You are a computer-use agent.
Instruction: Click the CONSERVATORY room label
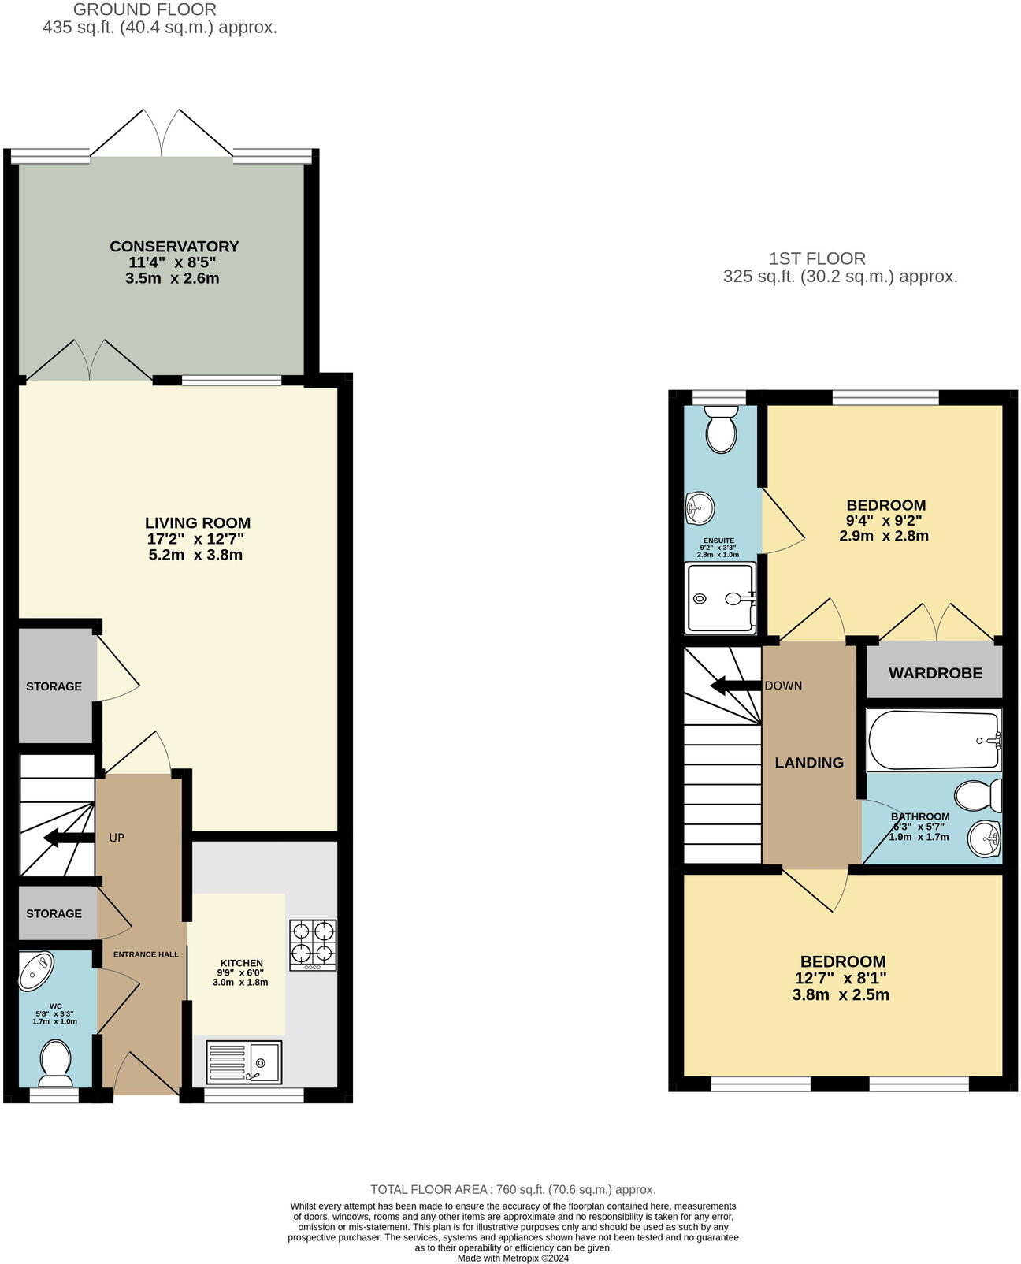[x=174, y=247]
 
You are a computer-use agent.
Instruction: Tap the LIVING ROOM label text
[x=198, y=523]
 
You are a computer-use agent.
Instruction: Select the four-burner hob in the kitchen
[x=313, y=945]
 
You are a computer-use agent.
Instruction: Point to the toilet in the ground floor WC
[x=55, y=1059]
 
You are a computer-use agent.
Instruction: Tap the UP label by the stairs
[x=117, y=838]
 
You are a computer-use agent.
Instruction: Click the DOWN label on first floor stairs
[x=783, y=686]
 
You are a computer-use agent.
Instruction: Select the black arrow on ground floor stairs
[x=67, y=838]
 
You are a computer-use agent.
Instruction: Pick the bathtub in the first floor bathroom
[x=934, y=740]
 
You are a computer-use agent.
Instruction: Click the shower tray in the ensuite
[x=720, y=597]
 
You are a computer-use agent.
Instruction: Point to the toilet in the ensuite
[x=721, y=429]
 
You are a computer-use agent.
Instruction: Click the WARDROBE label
[x=935, y=673]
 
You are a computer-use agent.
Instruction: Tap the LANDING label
[x=809, y=763]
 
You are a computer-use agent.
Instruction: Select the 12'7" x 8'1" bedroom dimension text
[x=842, y=978]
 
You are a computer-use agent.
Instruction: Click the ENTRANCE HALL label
[x=146, y=954]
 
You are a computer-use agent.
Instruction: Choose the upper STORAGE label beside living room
[x=54, y=686]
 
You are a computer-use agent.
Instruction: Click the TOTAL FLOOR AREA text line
[x=513, y=1189]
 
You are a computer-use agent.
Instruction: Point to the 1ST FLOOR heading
[x=817, y=258]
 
